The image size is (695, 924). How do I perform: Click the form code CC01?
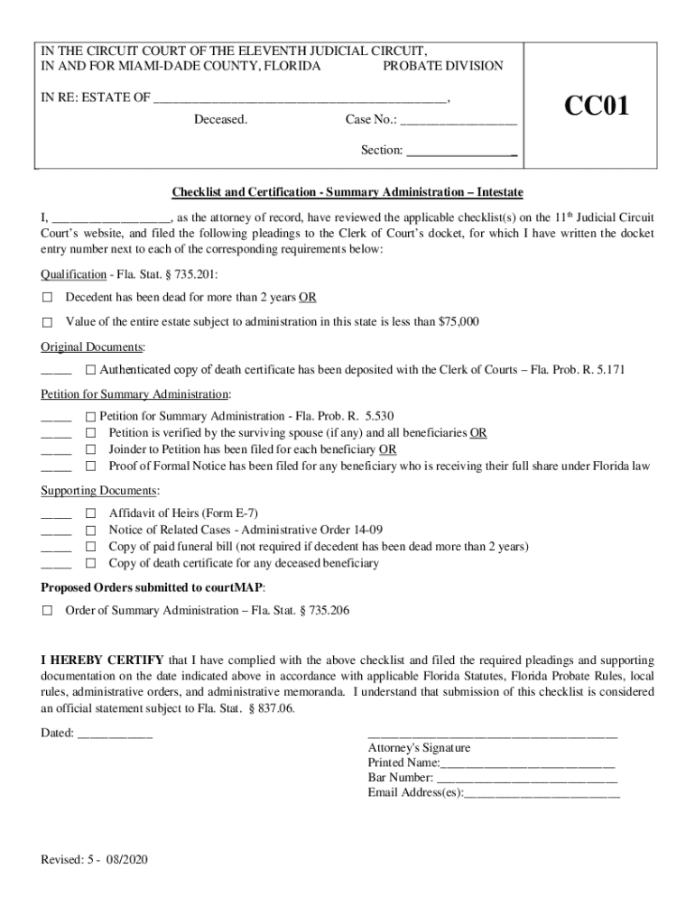[x=597, y=107]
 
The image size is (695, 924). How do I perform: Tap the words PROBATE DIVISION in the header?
[x=442, y=66]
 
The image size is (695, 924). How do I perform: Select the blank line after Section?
[x=461, y=151]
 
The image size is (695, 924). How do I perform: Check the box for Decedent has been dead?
[x=47, y=297]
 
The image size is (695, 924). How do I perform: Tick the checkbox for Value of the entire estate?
[x=47, y=321]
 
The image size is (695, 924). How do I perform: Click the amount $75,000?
[x=459, y=321]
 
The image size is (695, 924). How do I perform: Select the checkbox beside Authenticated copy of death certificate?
[x=90, y=370]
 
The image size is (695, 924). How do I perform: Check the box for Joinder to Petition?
[x=90, y=449]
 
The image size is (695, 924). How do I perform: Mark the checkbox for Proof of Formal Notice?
[x=90, y=467]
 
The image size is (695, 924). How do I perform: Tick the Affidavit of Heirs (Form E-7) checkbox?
[x=90, y=513]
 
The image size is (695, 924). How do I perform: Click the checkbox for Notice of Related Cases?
[x=90, y=530]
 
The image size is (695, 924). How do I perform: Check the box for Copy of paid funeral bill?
[x=90, y=547]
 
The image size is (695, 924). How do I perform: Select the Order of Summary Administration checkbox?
[x=47, y=611]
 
